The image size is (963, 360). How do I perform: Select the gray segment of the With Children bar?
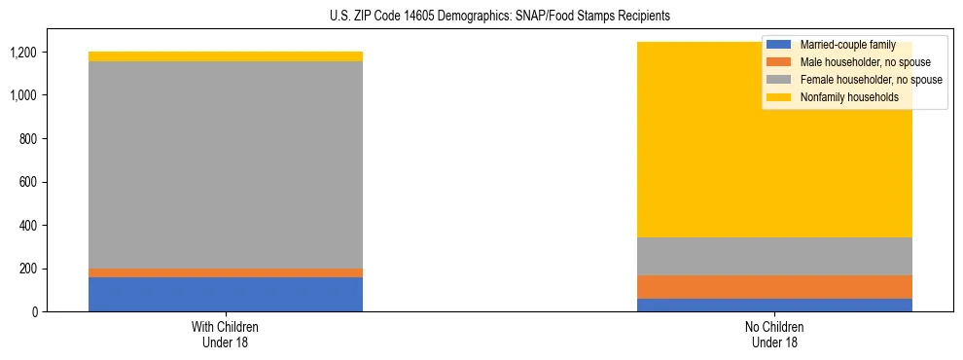226,165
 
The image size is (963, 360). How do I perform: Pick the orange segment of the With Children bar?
226,272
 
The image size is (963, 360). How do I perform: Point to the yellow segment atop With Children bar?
226,56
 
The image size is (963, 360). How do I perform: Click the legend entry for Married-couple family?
846,45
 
